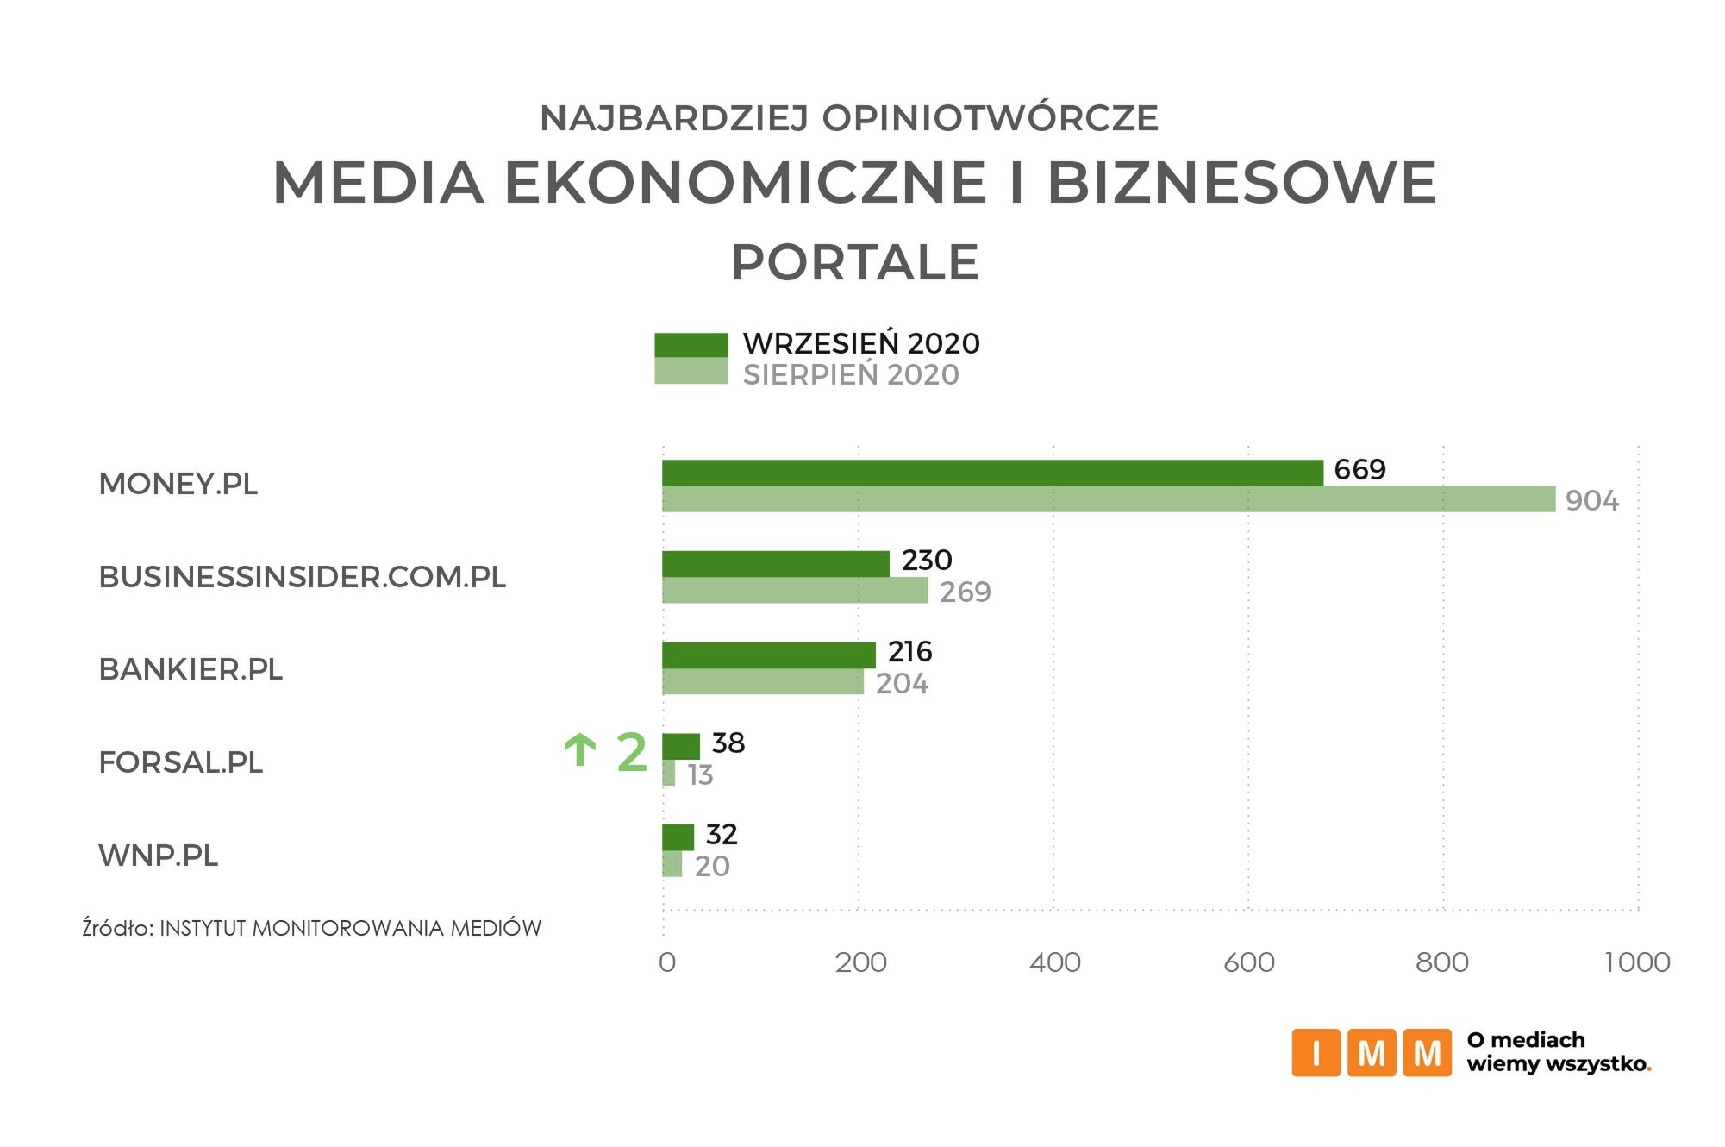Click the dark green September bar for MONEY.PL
991,473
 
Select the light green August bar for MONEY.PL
1108,499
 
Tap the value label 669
1359,470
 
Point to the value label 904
1591,501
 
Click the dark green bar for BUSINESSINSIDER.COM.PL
775,563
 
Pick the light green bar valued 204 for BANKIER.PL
762,682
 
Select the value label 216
909,652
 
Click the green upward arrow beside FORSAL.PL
579,750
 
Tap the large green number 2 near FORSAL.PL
631,753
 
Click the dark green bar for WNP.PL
678,837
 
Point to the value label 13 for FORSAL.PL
700,775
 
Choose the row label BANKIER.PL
191,670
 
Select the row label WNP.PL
159,856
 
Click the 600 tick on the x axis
1248,962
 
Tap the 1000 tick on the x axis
1636,962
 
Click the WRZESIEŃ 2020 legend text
860,344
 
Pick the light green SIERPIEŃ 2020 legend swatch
691,372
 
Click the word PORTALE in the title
854,263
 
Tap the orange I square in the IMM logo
1315,1052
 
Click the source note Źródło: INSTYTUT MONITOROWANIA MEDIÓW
311,929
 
